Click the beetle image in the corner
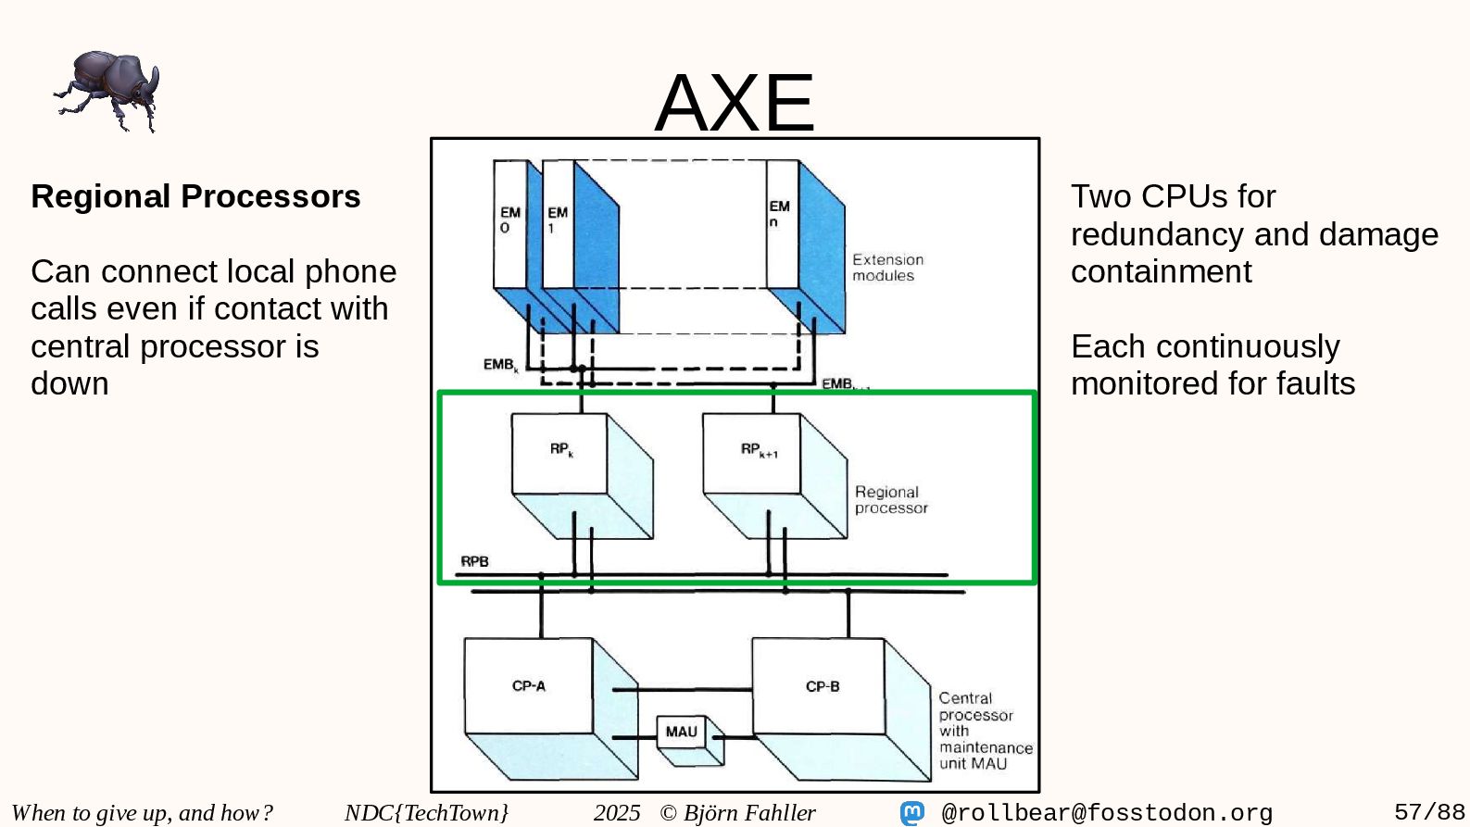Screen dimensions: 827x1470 click(107, 91)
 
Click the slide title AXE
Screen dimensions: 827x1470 click(735, 102)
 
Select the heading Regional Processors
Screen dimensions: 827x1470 click(195, 196)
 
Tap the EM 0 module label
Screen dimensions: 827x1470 click(509, 219)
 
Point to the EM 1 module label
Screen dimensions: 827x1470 click(557, 219)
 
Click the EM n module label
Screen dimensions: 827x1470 click(779, 214)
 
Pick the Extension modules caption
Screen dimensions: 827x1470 click(887, 268)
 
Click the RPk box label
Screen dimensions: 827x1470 click(561, 450)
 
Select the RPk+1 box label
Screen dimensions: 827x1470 click(759, 450)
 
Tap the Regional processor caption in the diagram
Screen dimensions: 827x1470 click(890, 500)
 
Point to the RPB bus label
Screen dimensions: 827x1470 click(474, 561)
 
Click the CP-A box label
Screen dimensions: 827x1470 click(529, 686)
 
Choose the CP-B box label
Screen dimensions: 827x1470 click(823, 686)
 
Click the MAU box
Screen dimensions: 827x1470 click(682, 732)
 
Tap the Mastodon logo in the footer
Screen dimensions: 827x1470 click(912, 813)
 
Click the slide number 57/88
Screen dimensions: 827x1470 click(1429, 812)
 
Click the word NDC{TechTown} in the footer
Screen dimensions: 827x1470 click(426, 813)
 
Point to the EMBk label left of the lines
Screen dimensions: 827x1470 click(500, 365)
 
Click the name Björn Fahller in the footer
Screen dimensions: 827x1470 click(749, 813)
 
